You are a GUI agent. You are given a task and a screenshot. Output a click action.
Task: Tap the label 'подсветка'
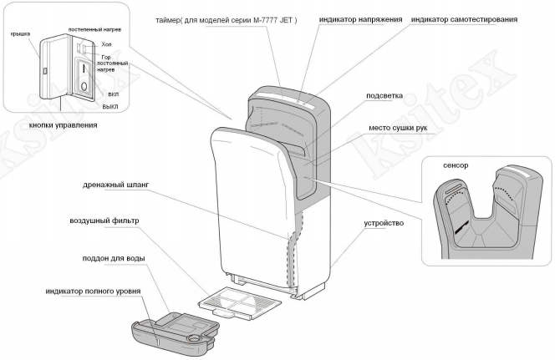(385, 95)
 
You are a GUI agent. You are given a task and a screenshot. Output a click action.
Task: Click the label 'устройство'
(384, 223)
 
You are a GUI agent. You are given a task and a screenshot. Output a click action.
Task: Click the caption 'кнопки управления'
(63, 124)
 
